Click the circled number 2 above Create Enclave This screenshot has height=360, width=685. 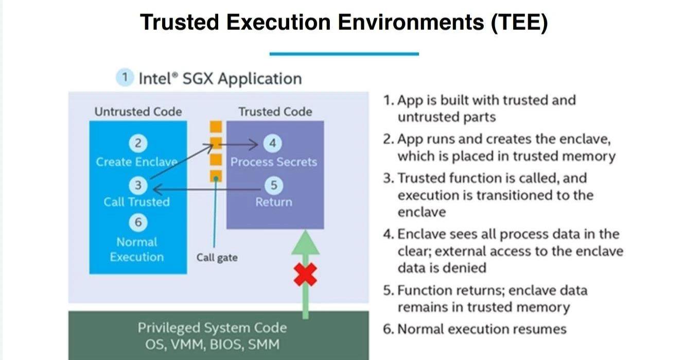point(137,143)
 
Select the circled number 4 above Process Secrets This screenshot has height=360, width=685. point(273,143)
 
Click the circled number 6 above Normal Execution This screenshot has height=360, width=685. point(137,222)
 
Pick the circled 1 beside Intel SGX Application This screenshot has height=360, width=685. point(124,78)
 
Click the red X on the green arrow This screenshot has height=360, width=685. point(305,275)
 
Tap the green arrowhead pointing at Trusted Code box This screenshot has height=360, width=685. point(305,243)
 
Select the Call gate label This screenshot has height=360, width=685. point(217,257)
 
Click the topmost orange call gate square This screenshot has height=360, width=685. point(216,127)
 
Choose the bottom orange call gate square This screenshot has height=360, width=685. point(216,176)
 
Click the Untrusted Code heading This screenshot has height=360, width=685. point(138,111)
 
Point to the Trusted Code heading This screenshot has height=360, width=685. point(275,111)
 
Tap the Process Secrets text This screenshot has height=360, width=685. point(273,162)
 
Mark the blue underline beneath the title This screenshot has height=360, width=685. point(344,54)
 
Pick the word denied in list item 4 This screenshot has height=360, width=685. point(467,268)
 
